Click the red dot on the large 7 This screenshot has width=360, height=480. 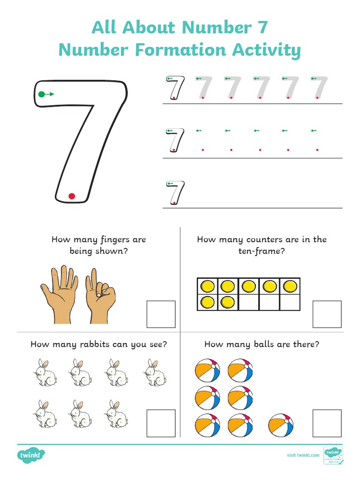(x=72, y=196)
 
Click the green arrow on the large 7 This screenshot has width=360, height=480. (x=45, y=94)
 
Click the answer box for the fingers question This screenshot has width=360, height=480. (x=161, y=314)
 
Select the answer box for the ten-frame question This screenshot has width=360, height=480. (x=327, y=314)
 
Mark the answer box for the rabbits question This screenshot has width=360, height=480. (x=161, y=423)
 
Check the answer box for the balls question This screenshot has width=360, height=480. (x=327, y=423)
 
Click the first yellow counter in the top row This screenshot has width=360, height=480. (x=207, y=286)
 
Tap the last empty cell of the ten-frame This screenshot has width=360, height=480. (x=290, y=302)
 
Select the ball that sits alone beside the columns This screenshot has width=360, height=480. (x=281, y=426)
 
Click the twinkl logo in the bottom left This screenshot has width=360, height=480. (x=31, y=455)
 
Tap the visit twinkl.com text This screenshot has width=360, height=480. (x=303, y=455)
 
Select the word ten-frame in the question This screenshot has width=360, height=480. (x=262, y=251)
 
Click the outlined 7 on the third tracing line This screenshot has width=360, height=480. (x=176, y=192)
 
